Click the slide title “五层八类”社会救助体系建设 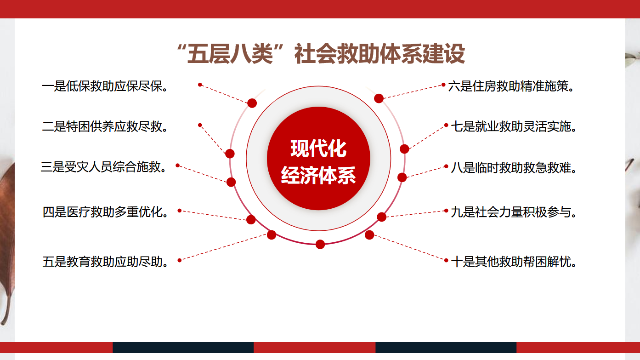click(321, 53)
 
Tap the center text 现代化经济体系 click(318, 161)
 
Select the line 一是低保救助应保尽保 click(105, 86)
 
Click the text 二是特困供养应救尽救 click(105, 126)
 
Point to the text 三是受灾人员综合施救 click(103, 167)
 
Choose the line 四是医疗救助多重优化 click(105, 212)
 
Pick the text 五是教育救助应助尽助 click(105, 262)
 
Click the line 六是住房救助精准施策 click(511, 86)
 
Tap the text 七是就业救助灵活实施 click(514, 126)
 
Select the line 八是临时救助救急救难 click(514, 167)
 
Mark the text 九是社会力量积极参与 click(514, 212)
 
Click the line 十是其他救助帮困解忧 click(514, 262)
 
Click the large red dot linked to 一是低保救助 click(252, 103)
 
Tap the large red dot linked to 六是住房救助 click(379, 98)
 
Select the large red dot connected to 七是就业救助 click(404, 149)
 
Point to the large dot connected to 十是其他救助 click(369, 235)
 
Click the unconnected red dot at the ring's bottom click(320, 245)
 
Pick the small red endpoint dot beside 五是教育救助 click(180, 260)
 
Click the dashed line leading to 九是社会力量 click(413, 214)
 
